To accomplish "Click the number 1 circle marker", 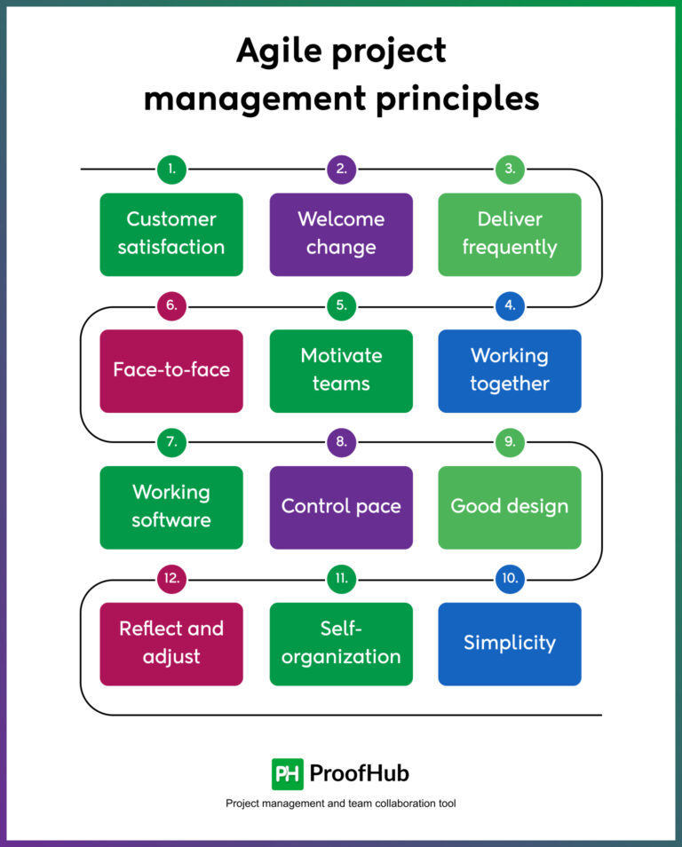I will click(x=171, y=169).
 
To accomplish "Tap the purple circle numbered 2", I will click(x=341, y=169).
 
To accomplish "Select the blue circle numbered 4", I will click(x=510, y=305).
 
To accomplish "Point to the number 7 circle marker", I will click(x=171, y=442).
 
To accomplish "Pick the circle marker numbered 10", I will click(x=510, y=579).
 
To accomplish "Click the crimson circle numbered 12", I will click(x=171, y=579).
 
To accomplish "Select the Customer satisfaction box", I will click(x=171, y=234).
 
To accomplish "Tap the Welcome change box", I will click(x=341, y=234).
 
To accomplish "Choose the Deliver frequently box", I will click(x=510, y=234).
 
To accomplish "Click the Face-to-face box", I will click(x=171, y=370).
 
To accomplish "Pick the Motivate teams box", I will click(x=341, y=370).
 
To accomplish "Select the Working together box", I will click(x=510, y=370).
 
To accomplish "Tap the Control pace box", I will click(x=341, y=507).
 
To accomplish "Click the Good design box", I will click(x=510, y=507).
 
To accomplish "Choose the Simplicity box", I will click(x=510, y=644).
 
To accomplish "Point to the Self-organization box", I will click(x=341, y=644).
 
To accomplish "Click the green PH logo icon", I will click(x=288, y=773).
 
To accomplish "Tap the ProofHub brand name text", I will click(x=360, y=773).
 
